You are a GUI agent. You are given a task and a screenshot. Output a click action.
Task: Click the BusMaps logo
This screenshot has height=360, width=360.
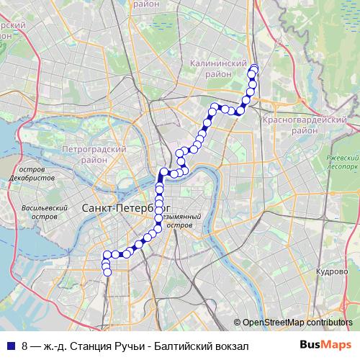coord(325,346)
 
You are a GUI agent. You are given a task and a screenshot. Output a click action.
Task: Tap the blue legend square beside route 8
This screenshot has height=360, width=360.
coord(10,346)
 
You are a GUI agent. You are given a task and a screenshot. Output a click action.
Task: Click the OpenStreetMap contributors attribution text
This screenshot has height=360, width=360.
coord(297,323)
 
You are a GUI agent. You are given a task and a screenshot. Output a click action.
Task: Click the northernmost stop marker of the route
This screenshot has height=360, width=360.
coord(253,68)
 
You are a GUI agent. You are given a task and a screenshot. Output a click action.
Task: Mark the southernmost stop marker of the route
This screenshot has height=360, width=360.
coord(107,272)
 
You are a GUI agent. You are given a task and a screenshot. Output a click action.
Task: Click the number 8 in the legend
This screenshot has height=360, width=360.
coord(25,346)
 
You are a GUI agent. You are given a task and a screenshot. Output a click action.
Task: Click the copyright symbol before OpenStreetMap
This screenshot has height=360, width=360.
coord(237,323)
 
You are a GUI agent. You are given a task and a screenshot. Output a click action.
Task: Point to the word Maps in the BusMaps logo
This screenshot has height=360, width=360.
coord(334,346)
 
